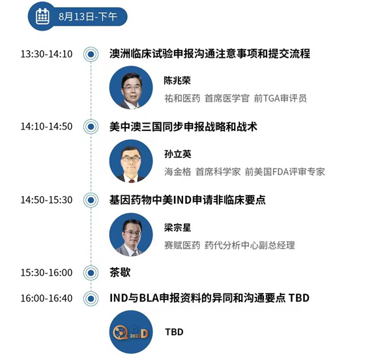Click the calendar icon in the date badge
(x=42, y=16)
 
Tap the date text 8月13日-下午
(x=88, y=16)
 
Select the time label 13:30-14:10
(x=46, y=54)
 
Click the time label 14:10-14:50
(x=46, y=126)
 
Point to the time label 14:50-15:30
(x=46, y=200)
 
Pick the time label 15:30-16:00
(x=46, y=273)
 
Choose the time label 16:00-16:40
(x=46, y=298)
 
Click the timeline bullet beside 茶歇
(x=91, y=273)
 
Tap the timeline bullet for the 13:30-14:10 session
(x=91, y=54)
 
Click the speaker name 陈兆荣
(x=177, y=81)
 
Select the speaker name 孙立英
(x=178, y=154)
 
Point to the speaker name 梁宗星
(x=178, y=227)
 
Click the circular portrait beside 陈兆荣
(x=131, y=88)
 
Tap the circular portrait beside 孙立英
(x=131, y=161)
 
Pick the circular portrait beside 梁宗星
(x=131, y=234)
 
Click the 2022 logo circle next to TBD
(x=131, y=332)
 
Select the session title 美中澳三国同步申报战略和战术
(x=183, y=127)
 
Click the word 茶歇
(x=120, y=273)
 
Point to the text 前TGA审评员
(x=280, y=98)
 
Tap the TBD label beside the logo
(x=174, y=332)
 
